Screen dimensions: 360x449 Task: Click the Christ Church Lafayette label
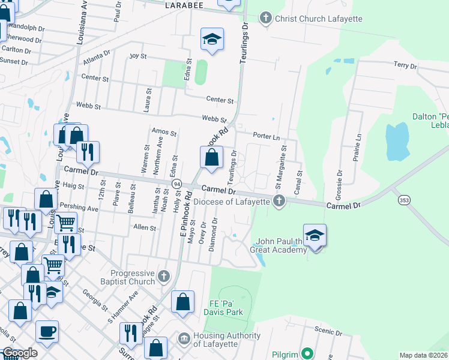click(318, 19)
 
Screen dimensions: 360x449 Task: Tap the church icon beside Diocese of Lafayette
click(279, 201)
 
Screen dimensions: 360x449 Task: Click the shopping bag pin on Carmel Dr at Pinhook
click(211, 158)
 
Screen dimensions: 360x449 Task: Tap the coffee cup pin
click(47, 331)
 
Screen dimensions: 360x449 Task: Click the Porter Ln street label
click(267, 136)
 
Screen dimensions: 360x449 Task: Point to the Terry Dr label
click(405, 65)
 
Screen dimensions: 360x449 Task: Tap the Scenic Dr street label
click(328, 329)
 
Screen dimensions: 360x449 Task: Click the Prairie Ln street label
click(360, 146)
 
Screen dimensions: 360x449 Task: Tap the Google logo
click(20, 353)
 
